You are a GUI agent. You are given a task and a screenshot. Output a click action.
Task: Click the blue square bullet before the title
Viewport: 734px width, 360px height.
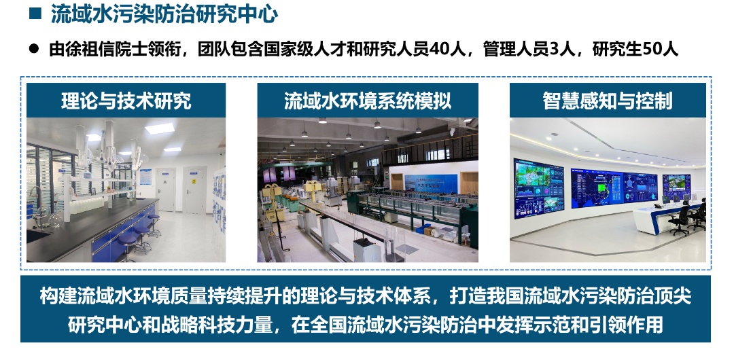pyautogui.click(x=35, y=13)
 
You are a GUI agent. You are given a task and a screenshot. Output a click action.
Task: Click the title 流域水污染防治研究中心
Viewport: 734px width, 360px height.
pyautogui.click(x=164, y=14)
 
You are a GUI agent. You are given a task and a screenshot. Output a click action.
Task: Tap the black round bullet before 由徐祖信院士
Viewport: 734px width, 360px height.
pyautogui.click(x=34, y=48)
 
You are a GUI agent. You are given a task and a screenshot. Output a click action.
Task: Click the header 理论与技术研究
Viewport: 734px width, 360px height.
pyautogui.click(x=126, y=101)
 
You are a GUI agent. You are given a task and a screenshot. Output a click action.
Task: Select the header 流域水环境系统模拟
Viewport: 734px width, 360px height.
pyautogui.click(x=368, y=101)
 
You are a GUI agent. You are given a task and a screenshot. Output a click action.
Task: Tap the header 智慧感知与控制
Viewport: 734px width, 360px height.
pyautogui.click(x=608, y=101)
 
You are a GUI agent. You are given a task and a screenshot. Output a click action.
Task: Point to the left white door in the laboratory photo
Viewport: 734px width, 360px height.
pyautogui.click(x=165, y=190)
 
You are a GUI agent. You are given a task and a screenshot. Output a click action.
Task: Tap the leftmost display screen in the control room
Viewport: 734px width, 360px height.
pyautogui.click(x=539, y=187)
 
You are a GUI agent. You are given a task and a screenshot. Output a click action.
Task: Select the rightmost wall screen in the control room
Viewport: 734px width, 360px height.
pyautogui.click(x=676, y=186)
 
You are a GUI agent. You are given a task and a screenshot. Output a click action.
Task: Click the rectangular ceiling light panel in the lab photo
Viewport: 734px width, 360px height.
pyautogui.click(x=160, y=128)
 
